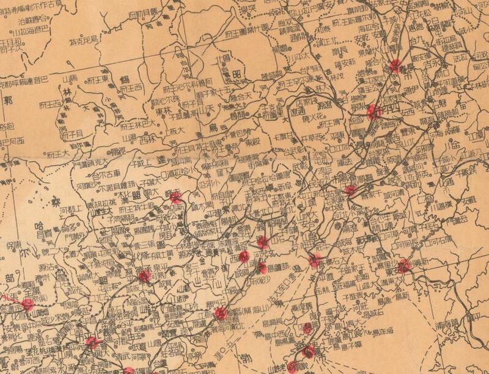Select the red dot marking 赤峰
pos(176,197)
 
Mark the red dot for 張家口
pos(28,304)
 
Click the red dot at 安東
pos(403,265)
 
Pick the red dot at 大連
pos(309,351)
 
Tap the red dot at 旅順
pos(293,366)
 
